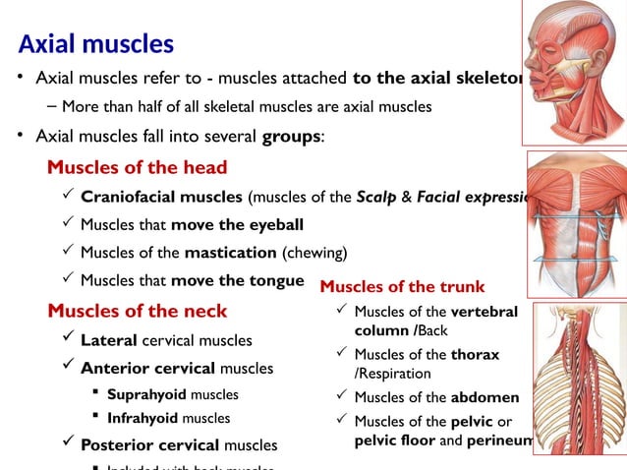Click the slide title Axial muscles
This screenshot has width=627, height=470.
96,44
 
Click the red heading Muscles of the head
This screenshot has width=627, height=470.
137,166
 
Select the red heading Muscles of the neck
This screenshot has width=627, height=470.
137,311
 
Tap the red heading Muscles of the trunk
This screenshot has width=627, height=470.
402,287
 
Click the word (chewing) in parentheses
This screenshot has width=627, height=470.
314,252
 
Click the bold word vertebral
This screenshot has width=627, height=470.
484,312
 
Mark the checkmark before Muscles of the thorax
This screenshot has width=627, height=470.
339,353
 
